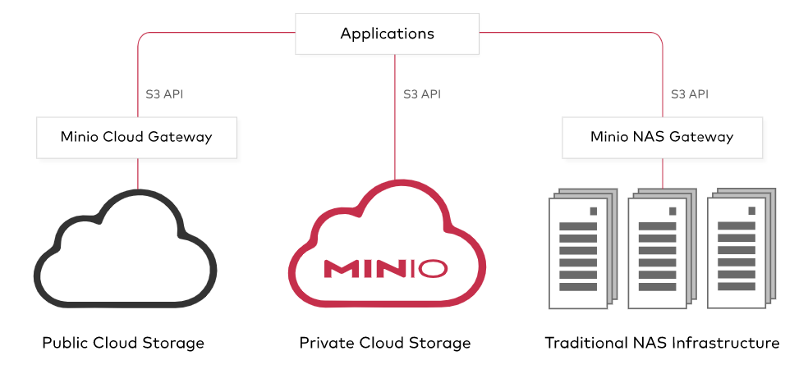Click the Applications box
[387, 34]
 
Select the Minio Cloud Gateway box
[136, 137]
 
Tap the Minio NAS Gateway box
[662, 137]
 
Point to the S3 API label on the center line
[422, 94]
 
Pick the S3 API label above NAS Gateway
[690, 94]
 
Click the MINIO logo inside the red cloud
[386, 268]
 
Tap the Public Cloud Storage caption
[123, 342]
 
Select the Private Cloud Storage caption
[385, 342]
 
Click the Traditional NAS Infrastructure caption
[662, 342]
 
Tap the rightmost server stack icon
[741, 249]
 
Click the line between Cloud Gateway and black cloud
[137, 173]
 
